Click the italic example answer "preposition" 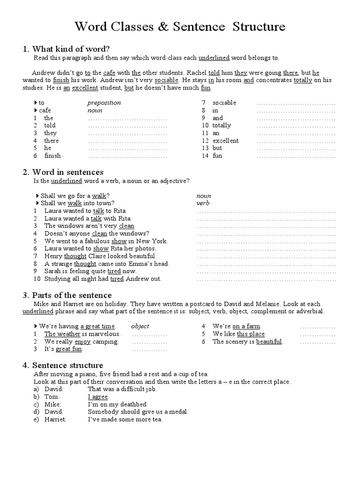pyautogui.click(x=104, y=103)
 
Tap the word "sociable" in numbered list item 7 pyautogui.click(x=224, y=103)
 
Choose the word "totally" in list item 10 pyautogui.click(x=222, y=125)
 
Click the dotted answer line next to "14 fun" pyautogui.click(x=296, y=156)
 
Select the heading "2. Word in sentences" pyautogui.click(x=63, y=172)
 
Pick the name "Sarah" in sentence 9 pyautogui.click(x=53, y=271)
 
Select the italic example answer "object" pyautogui.click(x=140, y=326)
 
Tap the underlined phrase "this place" pyautogui.click(x=251, y=334)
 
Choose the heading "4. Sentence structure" pyautogui.click(x=63, y=365)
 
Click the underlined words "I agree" pyautogui.click(x=98, y=397)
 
